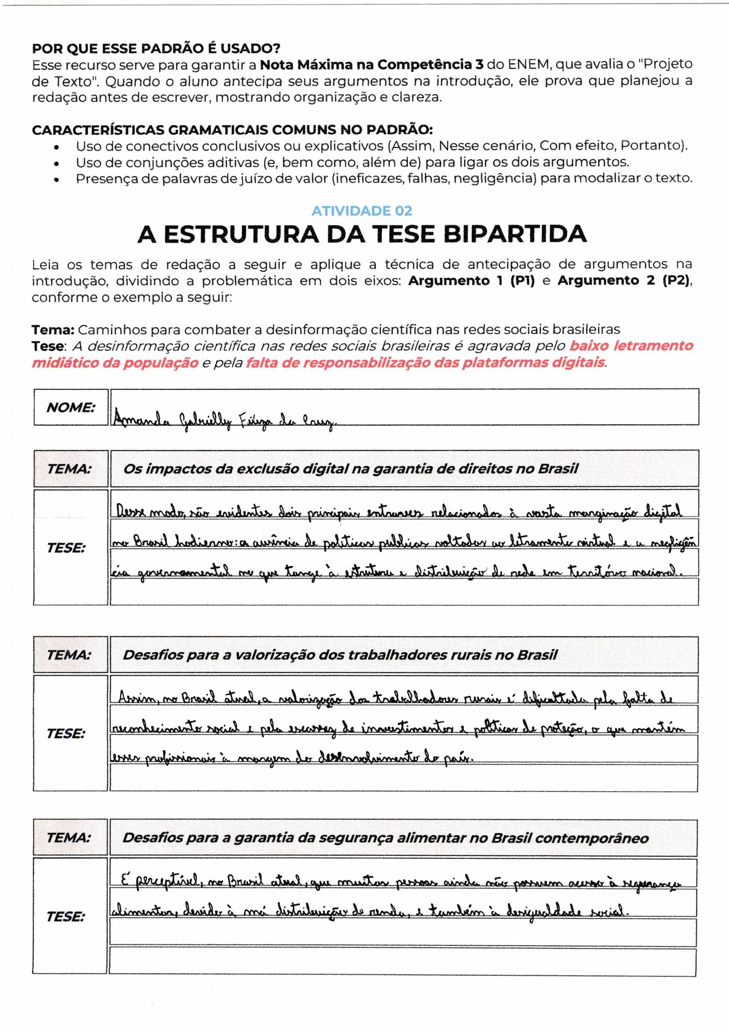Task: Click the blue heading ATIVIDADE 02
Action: click(x=362, y=211)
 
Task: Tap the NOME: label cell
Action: click(x=71, y=407)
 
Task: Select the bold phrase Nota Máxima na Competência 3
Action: click(x=371, y=65)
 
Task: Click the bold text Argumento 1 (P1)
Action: click(x=471, y=281)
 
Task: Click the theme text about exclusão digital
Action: click(x=350, y=468)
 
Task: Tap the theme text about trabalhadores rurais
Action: click(x=340, y=655)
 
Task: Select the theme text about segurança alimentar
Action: click(x=385, y=838)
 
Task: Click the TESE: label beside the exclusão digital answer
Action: click(x=66, y=548)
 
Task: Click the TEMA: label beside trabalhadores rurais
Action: click(x=69, y=655)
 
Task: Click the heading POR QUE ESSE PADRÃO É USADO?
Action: click(x=156, y=48)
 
